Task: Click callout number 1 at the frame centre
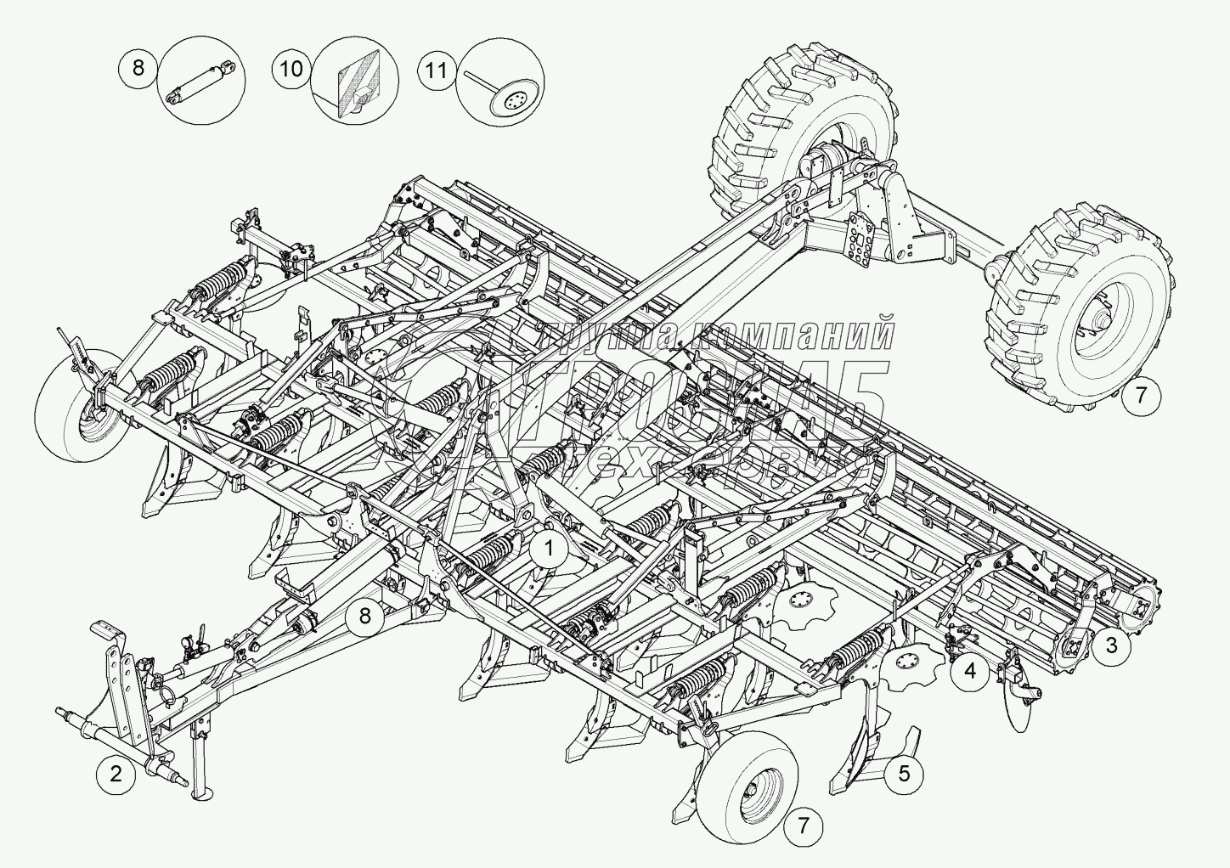549,549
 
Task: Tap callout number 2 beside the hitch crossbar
116,774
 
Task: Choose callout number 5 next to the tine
904,773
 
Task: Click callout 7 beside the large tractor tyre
1141,395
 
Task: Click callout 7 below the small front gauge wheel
803,825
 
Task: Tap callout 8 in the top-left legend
138,67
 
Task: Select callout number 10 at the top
291,69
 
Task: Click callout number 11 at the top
437,70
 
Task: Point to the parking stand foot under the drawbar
201,794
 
